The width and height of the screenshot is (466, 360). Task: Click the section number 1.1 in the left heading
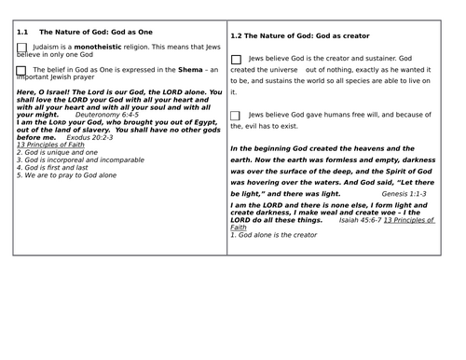click(22, 31)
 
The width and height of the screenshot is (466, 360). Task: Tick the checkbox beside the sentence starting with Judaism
click(21, 48)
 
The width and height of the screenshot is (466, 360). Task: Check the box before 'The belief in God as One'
click(21, 71)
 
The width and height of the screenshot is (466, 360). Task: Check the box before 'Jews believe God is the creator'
click(236, 60)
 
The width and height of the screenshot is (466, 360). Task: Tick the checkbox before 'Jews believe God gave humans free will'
click(236, 115)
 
